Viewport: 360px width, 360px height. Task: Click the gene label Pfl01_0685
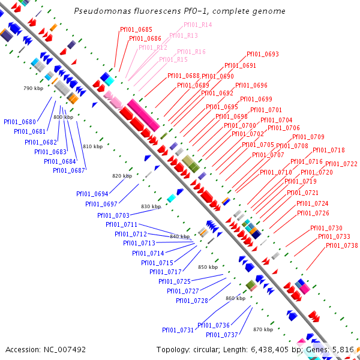tap(136, 29)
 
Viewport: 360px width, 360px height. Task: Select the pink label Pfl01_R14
tap(197, 25)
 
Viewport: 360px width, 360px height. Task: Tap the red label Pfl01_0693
tap(263, 54)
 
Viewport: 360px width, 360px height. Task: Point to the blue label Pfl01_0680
tap(20, 122)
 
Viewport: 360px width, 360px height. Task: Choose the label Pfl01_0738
tap(341, 245)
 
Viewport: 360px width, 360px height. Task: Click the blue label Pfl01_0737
tap(222, 335)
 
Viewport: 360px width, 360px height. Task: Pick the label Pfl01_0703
tap(113, 215)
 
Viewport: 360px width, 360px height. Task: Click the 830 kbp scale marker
tap(151, 206)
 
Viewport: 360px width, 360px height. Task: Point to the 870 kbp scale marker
tap(263, 329)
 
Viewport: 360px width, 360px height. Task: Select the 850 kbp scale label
tap(208, 267)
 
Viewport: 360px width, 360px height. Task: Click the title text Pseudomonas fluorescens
tap(115, 11)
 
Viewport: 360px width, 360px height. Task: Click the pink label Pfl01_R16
tap(191, 52)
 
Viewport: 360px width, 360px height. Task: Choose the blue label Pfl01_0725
tap(175, 281)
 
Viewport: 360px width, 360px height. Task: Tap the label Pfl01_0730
tap(326, 228)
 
